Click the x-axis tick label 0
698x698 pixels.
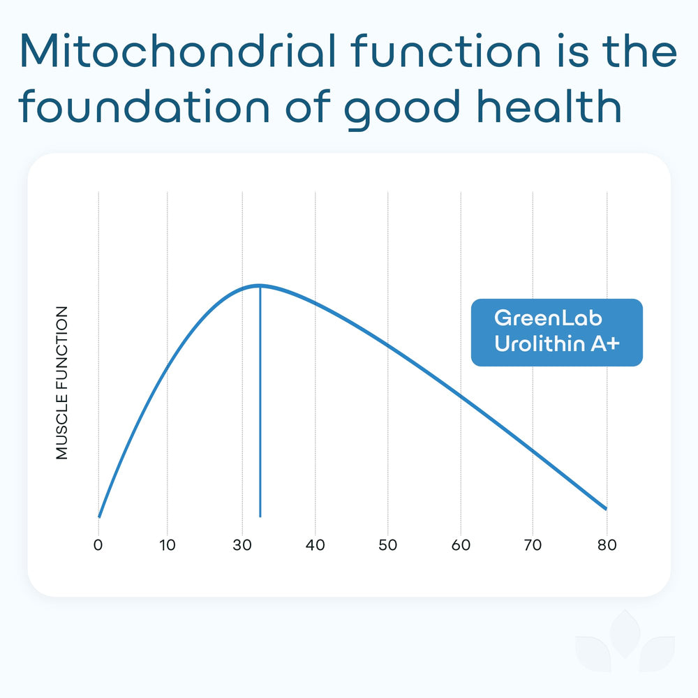tap(98, 545)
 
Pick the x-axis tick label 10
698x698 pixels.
tap(168, 545)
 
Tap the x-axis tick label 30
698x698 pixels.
tap(242, 545)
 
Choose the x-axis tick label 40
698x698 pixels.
tap(315, 545)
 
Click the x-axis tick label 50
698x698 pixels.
tap(387, 545)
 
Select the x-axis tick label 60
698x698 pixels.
tap(461, 545)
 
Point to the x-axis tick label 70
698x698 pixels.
tap(533, 545)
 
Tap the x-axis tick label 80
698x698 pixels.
tap(607, 545)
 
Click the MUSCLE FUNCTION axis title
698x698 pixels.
tap(63, 383)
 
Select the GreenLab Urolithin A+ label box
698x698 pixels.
tap(556, 332)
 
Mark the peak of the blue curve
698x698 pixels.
tap(260, 285)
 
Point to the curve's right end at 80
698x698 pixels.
tap(605, 508)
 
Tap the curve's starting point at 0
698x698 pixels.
tap(99, 517)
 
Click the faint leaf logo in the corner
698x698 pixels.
tap(625, 646)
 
